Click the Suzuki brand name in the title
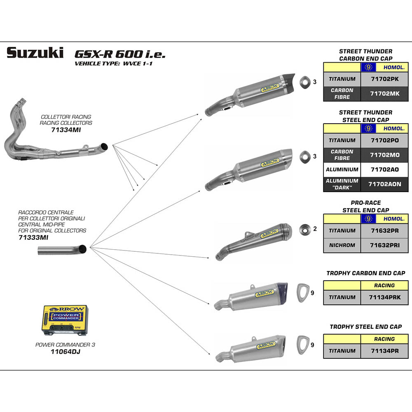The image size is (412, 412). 35,53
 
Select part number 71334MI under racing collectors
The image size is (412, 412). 66,130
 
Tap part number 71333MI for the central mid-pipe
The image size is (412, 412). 33,238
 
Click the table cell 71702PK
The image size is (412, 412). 384,79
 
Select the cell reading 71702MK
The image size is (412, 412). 384,94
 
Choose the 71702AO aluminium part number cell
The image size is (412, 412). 384,169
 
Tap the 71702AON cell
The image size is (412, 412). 384,184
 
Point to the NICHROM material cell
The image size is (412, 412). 342,245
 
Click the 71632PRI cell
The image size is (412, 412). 384,245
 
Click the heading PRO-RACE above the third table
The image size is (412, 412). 365,203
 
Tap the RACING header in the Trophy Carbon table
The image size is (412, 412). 384,285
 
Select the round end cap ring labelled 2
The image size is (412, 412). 305,229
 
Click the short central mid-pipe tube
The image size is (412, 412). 62,250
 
